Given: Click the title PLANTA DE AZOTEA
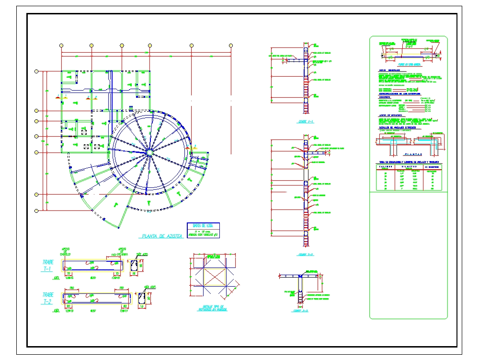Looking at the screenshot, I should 161,236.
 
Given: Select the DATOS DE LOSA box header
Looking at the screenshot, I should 203,225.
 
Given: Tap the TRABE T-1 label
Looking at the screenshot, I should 48,266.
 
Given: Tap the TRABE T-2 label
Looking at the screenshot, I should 48,298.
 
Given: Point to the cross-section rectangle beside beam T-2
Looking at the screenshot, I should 142,299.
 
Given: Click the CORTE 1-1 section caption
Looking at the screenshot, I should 305,122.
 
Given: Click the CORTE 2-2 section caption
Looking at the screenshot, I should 305,255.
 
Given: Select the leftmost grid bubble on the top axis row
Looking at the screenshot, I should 61,46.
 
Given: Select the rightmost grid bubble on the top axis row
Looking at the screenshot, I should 232,46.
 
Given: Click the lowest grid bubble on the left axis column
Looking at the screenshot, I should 36,210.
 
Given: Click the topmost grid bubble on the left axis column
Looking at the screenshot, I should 36,71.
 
